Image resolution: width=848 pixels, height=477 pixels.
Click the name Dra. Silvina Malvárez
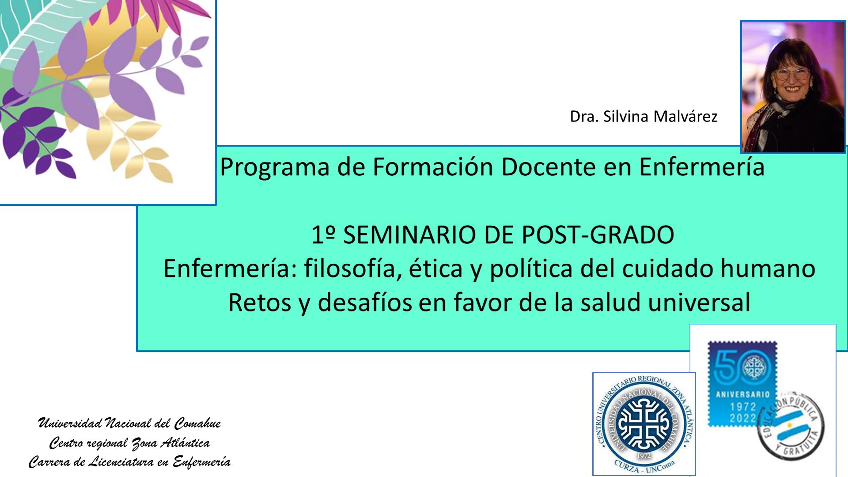click(644, 116)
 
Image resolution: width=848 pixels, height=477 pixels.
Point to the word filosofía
click(348, 269)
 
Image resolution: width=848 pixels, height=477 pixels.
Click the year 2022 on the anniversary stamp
click(742, 418)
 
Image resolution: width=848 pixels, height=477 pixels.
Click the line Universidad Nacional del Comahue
click(129, 423)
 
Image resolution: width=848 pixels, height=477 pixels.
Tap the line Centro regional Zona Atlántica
click(129, 443)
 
